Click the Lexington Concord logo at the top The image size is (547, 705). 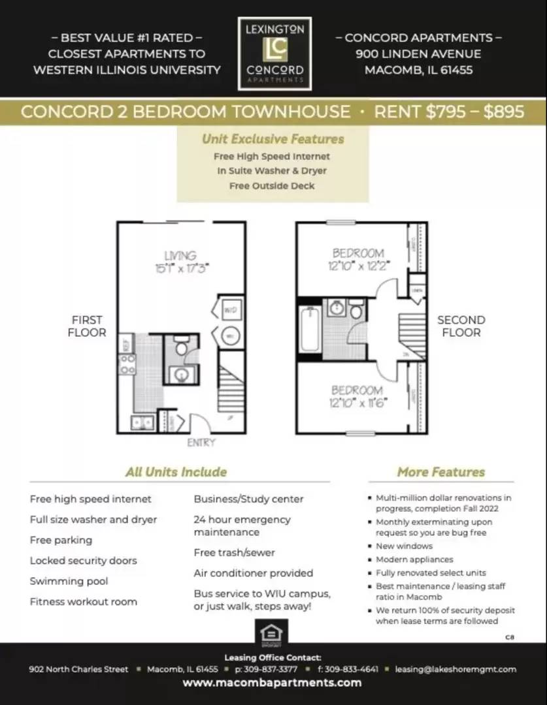point(274,54)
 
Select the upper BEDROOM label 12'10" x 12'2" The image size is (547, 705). point(357,259)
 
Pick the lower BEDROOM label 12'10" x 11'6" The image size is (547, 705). point(358,396)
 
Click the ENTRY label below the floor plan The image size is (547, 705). point(201,443)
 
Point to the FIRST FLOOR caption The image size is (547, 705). point(87,326)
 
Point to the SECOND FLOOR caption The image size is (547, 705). point(461,326)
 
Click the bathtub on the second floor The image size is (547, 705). point(310,329)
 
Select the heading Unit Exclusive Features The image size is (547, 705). point(273,139)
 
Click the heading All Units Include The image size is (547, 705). point(176,472)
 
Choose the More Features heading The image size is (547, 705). point(440,472)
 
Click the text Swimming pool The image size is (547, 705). point(69,581)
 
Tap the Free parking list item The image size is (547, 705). point(61,540)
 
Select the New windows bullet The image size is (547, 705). point(404,546)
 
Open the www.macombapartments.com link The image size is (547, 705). point(271,683)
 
